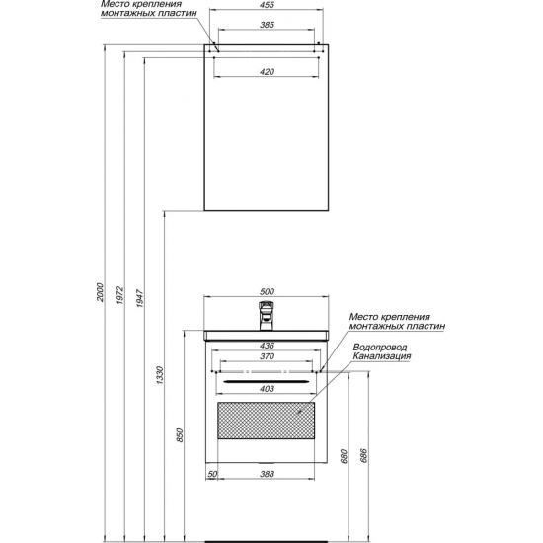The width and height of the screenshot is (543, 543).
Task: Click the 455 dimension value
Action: click(x=267, y=5)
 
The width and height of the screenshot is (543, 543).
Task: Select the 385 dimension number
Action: click(x=267, y=25)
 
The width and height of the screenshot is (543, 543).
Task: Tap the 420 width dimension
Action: click(x=267, y=72)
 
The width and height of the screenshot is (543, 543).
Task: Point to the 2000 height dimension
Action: click(x=100, y=292)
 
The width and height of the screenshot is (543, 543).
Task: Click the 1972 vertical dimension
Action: click(x=119, y=295)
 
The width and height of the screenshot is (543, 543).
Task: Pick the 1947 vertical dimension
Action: click(x=139, y=299)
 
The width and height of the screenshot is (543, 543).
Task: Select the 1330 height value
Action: click(x=159, y=375)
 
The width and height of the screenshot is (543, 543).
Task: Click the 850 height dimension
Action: click(x=180, y=435)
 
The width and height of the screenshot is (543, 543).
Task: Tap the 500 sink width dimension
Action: click(x=267, y=291)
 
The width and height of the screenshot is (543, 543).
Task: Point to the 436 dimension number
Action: click(x=267, y=346)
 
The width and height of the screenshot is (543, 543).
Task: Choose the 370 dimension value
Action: click(x=267, y=356)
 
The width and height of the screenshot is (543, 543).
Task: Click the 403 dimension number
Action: click(x=267, y=389)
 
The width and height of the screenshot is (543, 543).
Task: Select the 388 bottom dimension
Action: click(x=267, y=474)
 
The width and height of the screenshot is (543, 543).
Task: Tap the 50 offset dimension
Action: click(x=212, y=474)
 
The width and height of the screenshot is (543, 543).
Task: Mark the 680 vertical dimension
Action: click(x=344, y=456)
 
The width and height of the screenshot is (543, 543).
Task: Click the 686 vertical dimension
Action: click(x=363, y=456)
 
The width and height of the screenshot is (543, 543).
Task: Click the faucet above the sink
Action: click(x=266, y=316)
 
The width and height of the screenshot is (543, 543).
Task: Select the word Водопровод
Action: click(x=380, y=347)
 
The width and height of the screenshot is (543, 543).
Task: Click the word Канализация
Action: click(x=382, y=356)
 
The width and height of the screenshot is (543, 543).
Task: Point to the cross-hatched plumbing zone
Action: click(x=266, y=420)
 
